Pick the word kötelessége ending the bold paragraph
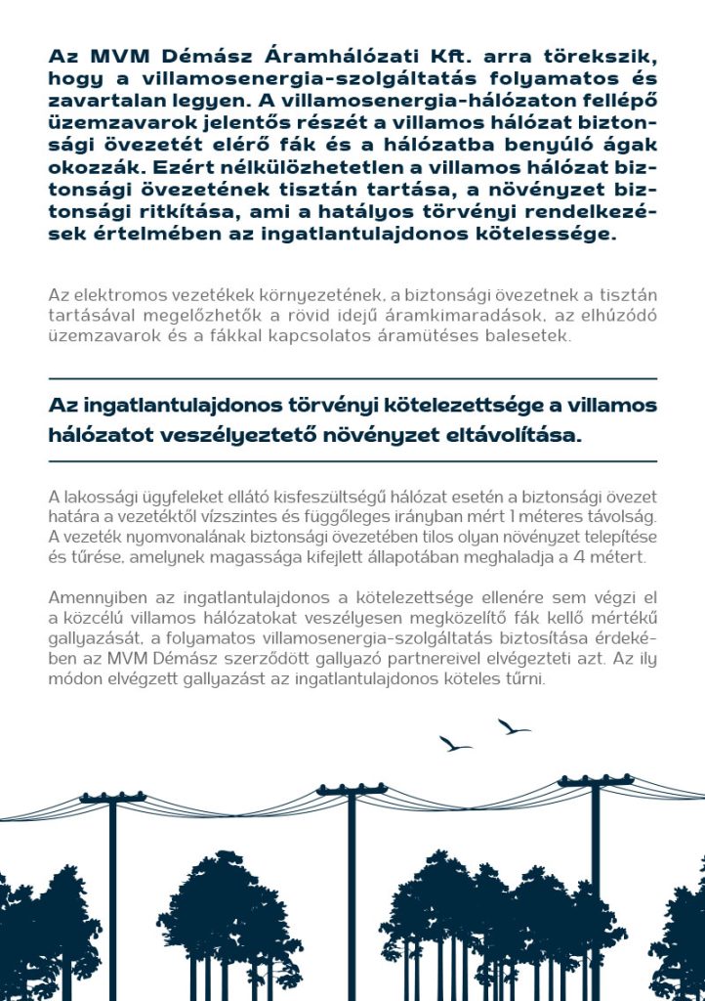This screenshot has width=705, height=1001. (556, 235)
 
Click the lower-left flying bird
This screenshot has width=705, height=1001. (454, 744)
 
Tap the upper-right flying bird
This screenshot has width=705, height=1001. (514, 727)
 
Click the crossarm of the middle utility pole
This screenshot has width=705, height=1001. (352, 789)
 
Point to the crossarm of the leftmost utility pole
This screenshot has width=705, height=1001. (112, 799)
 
